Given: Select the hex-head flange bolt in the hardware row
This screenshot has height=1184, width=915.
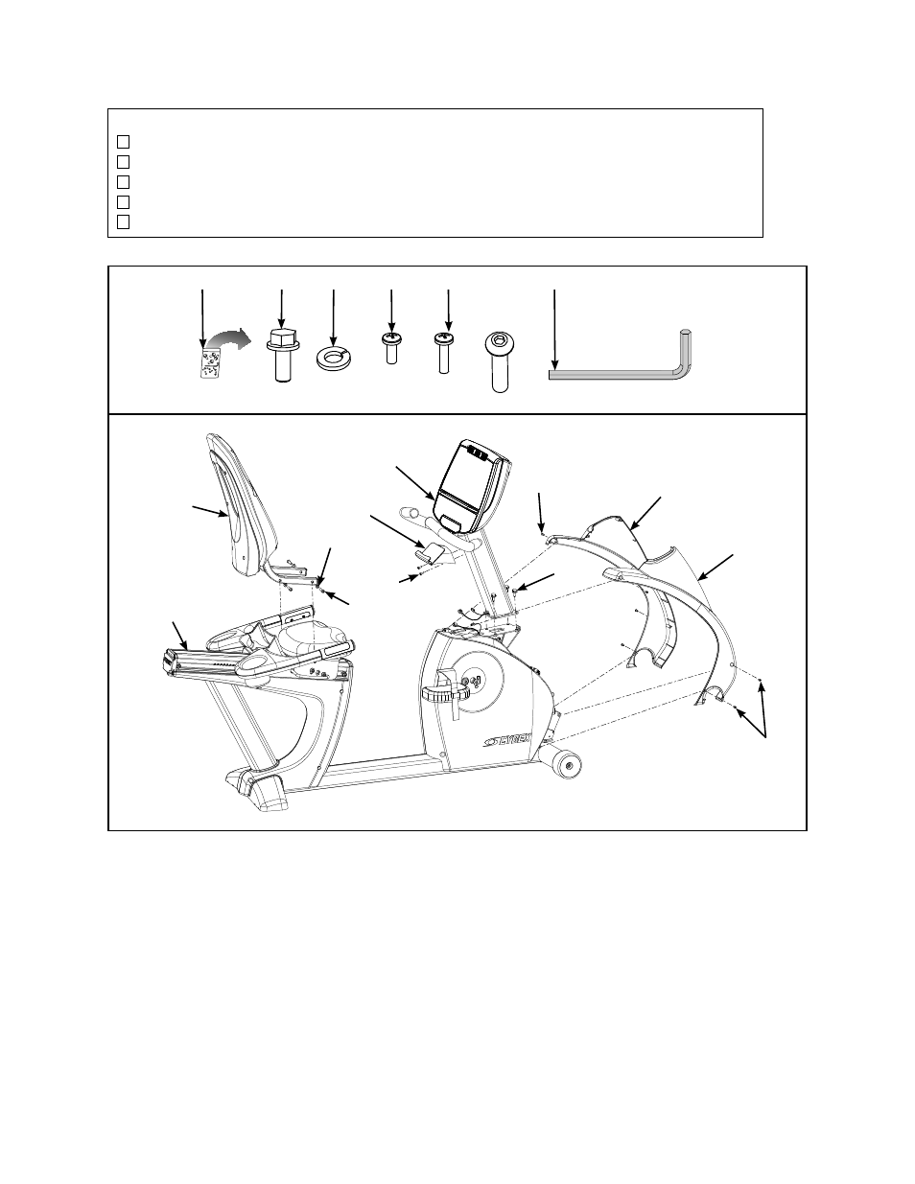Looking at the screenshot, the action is pos(281,355).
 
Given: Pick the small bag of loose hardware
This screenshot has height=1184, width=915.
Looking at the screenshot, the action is pos(209,363).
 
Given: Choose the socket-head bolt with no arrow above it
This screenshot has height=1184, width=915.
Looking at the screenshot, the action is pos(499,361).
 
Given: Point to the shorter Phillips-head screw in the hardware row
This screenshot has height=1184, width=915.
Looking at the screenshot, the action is pos(391,348).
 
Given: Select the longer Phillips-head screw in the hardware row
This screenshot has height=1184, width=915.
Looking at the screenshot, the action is pos(444,353).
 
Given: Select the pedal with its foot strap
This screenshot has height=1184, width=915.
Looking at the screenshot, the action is pos(446,692).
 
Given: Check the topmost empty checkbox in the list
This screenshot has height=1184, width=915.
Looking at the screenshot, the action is pos(123,142).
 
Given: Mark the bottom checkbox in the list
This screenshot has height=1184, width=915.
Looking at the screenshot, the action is pos(123,221).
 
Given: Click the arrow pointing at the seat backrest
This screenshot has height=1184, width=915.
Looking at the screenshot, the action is pos(210,511).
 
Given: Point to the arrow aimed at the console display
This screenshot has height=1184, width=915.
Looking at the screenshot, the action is pos(415,483).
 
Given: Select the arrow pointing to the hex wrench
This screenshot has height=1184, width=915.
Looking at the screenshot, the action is pos(554,330).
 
